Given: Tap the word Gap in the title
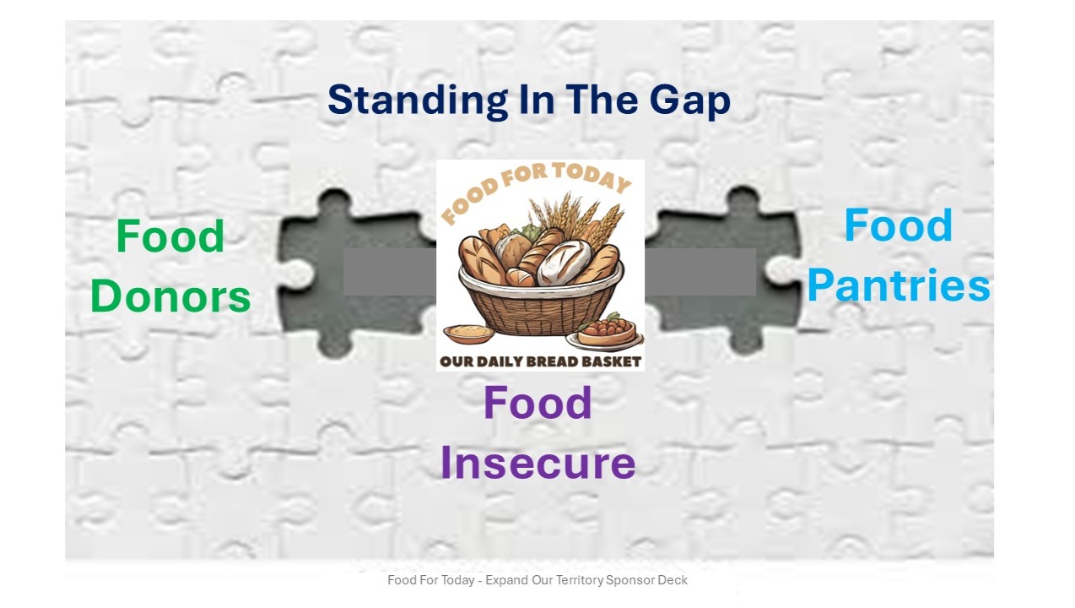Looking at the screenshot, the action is pyautogui.click(x=689, y=100).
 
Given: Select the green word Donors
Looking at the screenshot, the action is pyautogui.click(x=170, y=296).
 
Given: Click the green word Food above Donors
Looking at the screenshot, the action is pyautogui.click(x=170, y=236).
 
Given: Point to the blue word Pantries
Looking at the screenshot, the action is pyautogui.click(x=899, y=285).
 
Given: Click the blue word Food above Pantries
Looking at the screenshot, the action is pyautogui.click(x=899, y=225).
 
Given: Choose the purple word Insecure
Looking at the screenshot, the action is pyautogui.click(x=538, y=463).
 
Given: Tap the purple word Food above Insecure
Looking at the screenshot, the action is pyautogui.click(x=537, y=403).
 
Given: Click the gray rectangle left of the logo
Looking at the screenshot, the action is pyautogui.click(x=390, y=272).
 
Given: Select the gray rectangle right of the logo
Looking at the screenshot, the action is pyautogui.click(x=700, y=272).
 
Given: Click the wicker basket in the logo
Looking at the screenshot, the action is pyautogui.click(x=541, y=307).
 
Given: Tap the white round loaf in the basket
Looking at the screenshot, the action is pyautogui.click(x=563, y=263).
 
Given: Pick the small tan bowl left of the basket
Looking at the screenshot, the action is pyautogui.click(x=468, y=334).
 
